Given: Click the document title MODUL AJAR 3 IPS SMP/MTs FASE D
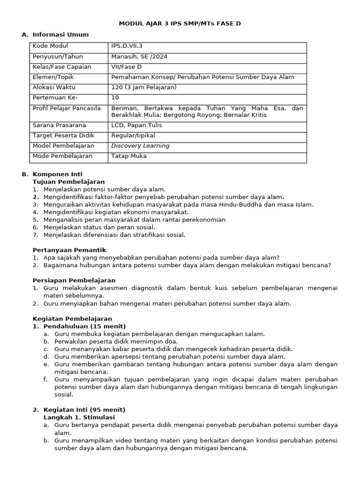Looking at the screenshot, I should click(x=180, y=23).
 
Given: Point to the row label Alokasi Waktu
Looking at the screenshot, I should click(x=54, y=87).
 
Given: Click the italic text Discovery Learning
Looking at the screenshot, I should click(x=140, y=146).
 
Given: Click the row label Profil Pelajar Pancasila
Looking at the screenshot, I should click(x=67, y=108).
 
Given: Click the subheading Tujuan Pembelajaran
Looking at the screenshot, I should click(x=68, y=181).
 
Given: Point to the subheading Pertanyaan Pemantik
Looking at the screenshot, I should click(x=69, y=250).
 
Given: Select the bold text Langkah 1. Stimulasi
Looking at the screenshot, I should click(x=79, y=417).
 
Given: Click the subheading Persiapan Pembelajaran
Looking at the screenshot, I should click(x=74, y=280).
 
